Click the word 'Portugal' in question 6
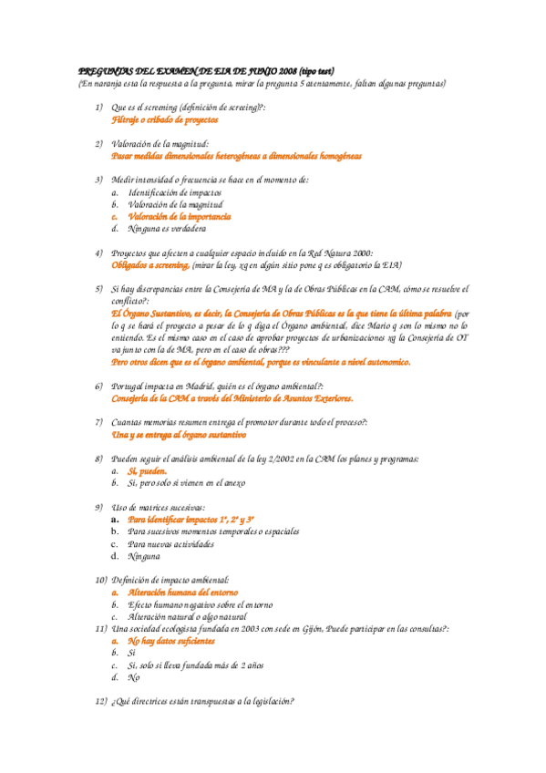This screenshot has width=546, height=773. (x=131, y=386)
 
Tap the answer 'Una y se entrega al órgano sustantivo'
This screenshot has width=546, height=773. (x=178, y=435)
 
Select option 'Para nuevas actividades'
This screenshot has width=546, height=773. (x=170, y=543)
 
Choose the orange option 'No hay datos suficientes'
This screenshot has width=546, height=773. (x=174, y=641)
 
